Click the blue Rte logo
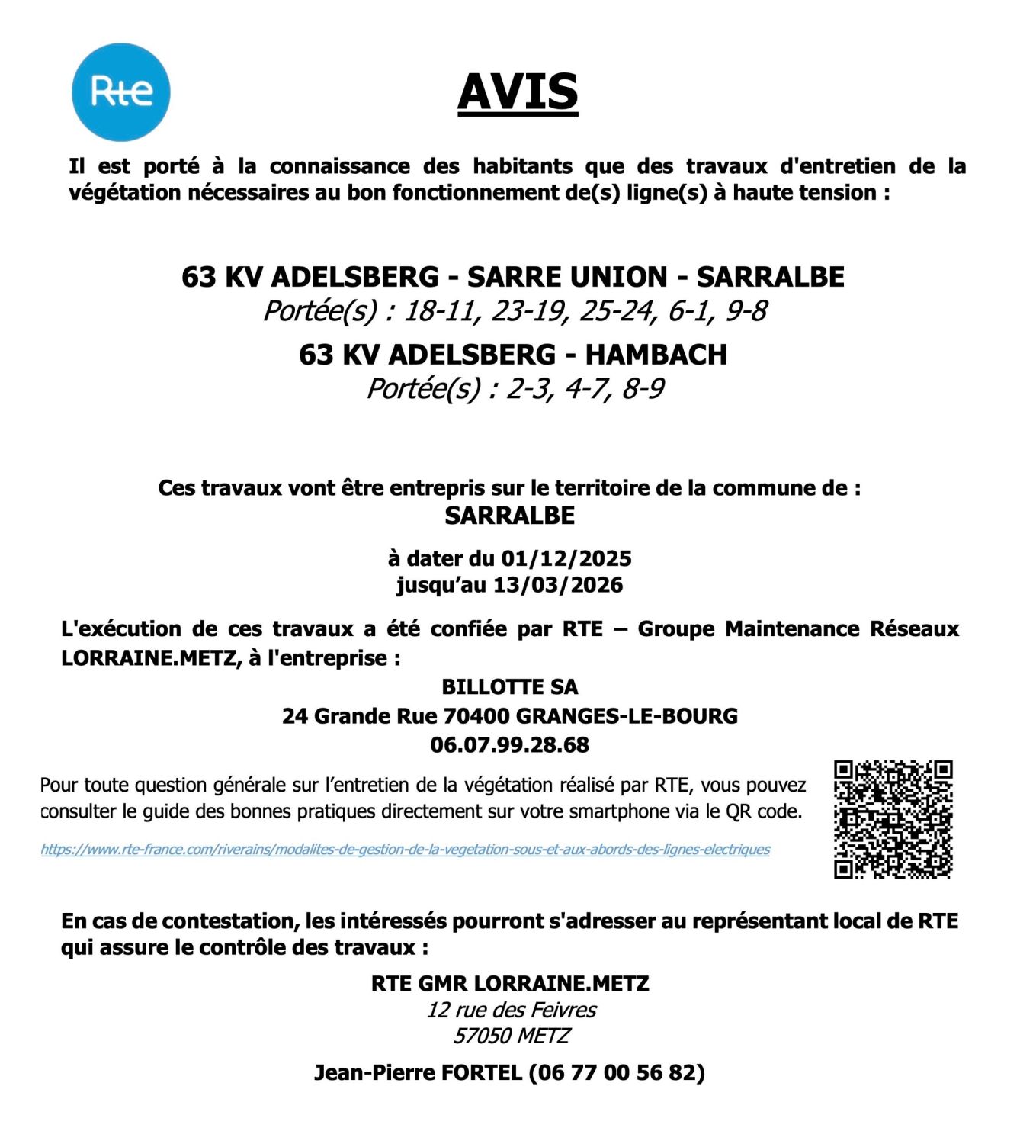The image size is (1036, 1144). pyautogui.click(x=120, y=92)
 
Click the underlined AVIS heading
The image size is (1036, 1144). pyautogui.click(x=518, y=92)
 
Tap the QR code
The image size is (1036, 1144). pyautogui.click(x=893, y=819)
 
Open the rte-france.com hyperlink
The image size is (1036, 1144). pyautogui.click(x=405, y=850)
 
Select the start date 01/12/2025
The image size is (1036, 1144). pyautogui.click(x=566, y=558)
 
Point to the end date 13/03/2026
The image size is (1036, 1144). pyautogui.click(x=558, y=585)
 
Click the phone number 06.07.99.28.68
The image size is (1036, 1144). pyautogui.click(x=509, y=744)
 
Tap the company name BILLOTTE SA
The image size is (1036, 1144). pyautogui.click(x=509, y=686)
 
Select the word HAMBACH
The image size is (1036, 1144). pyautogui.click(x=656, y=355)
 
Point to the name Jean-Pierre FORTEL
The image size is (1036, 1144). pyautogui.click(x=418, y=1072)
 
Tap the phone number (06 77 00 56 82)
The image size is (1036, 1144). pyautogui.click(x=617, y=1072)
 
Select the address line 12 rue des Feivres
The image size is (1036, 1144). pyautogui.click(x=511, y=1010)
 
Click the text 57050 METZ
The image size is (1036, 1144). pyautogui.click(x=511, y=1036)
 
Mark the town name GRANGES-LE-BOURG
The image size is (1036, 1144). pyautogui.click(x=627, y=716)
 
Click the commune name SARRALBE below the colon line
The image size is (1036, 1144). pyautogui.click(x=509, y=516)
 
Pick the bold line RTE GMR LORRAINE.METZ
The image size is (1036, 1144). pyautogui.click(x=509, y=983)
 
